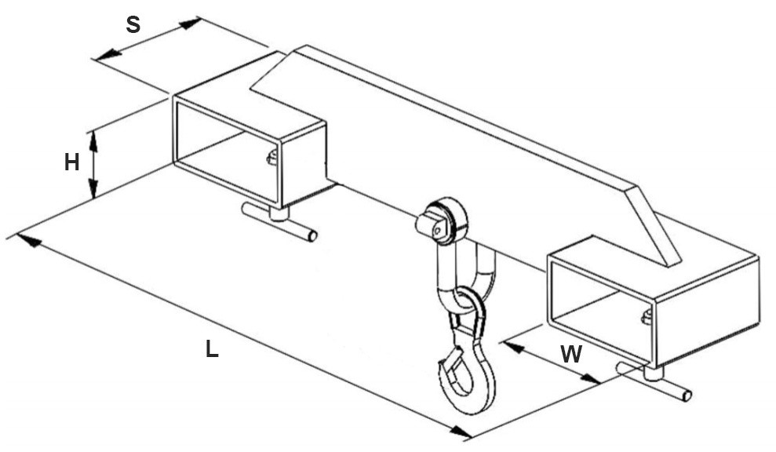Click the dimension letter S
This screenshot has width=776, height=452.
[x=133, y=24]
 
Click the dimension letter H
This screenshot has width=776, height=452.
[x=71, y=162]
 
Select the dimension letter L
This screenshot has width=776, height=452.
[x=212, y=348]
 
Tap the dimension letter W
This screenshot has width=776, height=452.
[x=572, y=354]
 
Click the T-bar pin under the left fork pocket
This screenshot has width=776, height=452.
[x=279, y=220]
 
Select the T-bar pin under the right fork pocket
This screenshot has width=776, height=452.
[x=654, y=381]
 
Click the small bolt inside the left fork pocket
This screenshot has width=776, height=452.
[x=271, y=158]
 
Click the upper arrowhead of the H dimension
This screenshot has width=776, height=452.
[x=93, y=141]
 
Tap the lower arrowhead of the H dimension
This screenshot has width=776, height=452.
[x=93, y=188]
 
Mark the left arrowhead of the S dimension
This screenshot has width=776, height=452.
[x=109, y=55]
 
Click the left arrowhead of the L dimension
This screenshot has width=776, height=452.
[x=30, y=241]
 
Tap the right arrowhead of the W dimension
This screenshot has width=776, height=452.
[x=590, y=379]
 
